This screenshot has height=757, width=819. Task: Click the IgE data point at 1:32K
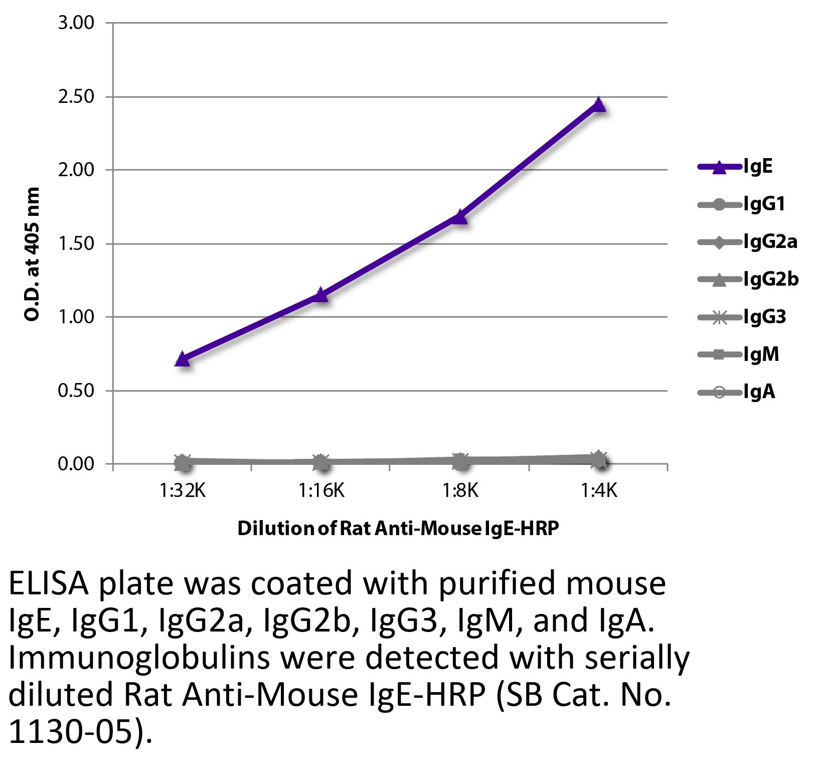tap(183, 359)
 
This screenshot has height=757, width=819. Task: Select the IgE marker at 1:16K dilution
tap(321, 295)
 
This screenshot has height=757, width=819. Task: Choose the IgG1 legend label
tap(764, 204)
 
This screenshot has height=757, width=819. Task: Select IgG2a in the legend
tap(770, 242)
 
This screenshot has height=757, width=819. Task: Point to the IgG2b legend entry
tap(771, 280)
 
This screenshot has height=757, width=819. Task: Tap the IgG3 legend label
tap(765, 317)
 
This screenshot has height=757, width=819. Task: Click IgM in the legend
tap(761, 355)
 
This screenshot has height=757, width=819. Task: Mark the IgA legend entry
tap(759, 392)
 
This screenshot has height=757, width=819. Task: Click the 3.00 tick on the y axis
tap(76, 23)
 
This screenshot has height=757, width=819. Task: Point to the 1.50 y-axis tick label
tap(76, 244)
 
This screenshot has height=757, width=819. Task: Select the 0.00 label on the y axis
tap(76, 464)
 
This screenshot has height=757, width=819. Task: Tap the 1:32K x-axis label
tap(183, 491)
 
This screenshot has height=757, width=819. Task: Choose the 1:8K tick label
tap(460, 491)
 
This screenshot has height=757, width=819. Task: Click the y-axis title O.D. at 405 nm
tap(33, 255)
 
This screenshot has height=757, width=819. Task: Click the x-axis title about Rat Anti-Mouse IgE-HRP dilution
tap(398, 529)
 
